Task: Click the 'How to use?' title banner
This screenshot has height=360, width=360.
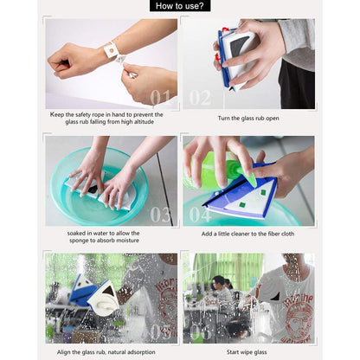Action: click(179, 6)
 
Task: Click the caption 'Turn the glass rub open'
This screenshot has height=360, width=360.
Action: click(248, 119)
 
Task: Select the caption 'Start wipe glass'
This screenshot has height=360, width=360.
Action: click(248, 352)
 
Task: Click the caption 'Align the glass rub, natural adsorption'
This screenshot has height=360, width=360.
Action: click(112, 352)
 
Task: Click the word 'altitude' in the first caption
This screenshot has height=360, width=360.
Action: click(157, 123)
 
